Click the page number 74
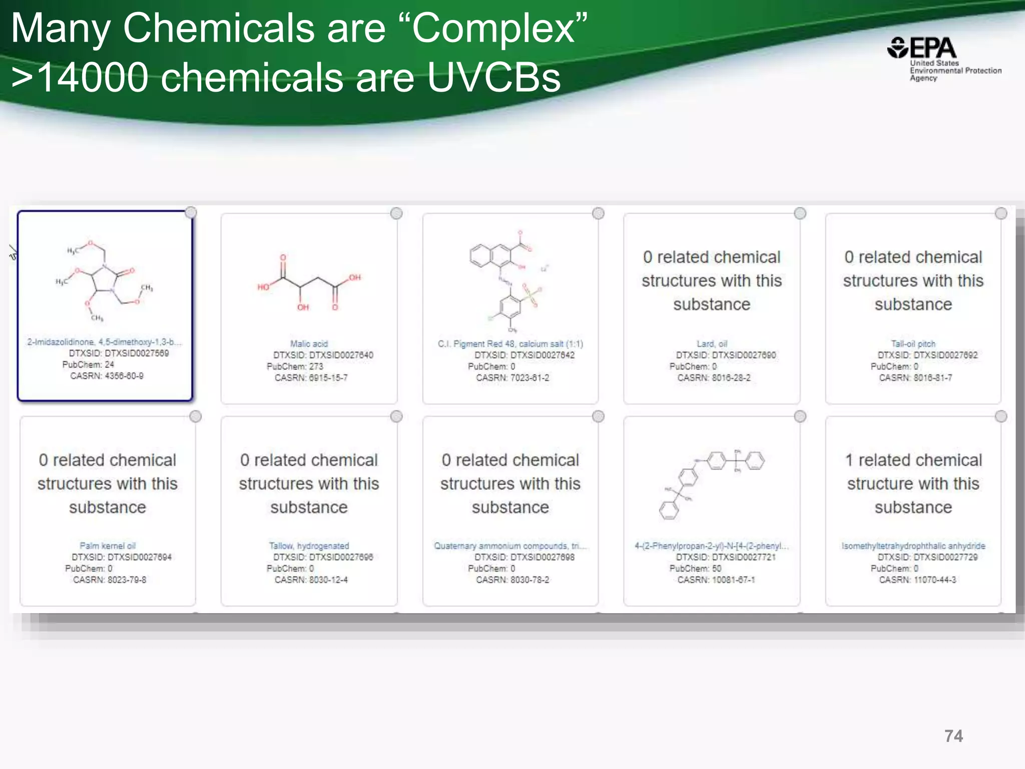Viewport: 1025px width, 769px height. tap(953, 736)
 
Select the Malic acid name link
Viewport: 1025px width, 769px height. tap(309, 344)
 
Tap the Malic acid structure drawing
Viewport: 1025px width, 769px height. tap(308, 283)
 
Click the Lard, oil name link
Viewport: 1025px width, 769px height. tap(712, 344)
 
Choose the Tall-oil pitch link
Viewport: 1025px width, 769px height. tap(913, 344)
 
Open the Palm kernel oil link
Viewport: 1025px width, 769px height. tap(107, 546)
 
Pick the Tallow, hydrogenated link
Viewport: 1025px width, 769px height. tap(309, 546)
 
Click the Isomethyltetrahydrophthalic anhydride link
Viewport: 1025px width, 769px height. tap(913, 546)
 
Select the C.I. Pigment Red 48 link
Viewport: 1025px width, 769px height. tap(510, 344)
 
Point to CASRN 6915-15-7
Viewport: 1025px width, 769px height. tap(311, 378)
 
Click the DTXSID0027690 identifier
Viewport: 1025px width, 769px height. tap(744, 355)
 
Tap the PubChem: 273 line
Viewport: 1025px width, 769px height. tap(295, 366)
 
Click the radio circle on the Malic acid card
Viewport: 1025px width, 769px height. tap(396, 214)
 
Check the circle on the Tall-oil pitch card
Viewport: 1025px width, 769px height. tap(1001, 214)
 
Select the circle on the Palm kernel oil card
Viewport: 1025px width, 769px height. tap(195, 417)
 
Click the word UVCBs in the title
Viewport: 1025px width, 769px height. tap(493, 78)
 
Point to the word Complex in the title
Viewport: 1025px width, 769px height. tap(499, 28)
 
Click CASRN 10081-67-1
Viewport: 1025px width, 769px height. tap(716, 580)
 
